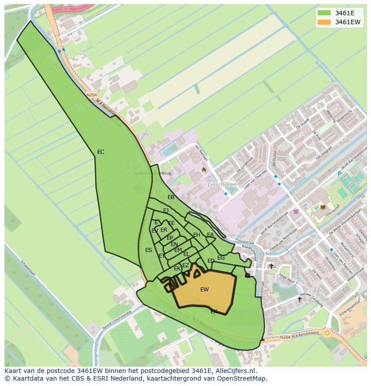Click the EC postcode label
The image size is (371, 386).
[101, 152]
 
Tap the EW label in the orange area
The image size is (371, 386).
[204, 290]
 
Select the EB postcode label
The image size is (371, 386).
[171, 197]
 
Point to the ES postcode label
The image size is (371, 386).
[149, 250]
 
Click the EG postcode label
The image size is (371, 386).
[221, 258]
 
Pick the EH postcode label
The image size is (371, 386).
[197, 235]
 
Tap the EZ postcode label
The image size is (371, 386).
[185, 265]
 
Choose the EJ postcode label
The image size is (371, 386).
[166, 211]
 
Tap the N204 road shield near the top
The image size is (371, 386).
[91, 95]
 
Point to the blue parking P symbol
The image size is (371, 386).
[340, 174]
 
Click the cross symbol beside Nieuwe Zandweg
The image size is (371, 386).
[300, 299]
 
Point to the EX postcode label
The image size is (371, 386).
[214, 311]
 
